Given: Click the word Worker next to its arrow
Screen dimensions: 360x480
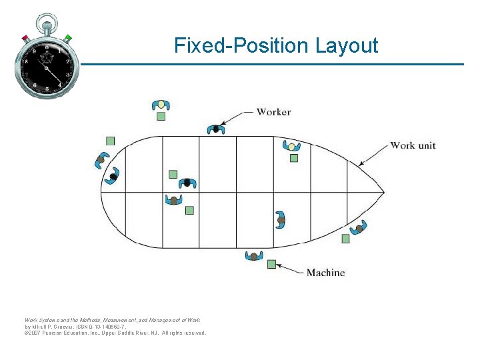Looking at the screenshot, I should click(x=273, y=112).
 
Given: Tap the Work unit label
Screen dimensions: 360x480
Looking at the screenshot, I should click(x=413, y=145).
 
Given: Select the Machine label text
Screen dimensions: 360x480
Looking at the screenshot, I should click(x=325, y=272).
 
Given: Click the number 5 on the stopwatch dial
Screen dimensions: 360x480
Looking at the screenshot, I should click(x=47, y=89).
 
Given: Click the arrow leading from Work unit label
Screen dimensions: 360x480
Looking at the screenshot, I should click(x=373, y=155).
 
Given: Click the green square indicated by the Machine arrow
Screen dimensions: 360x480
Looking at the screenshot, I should click(x=271, y=264).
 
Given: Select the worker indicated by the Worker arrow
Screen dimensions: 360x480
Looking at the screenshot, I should click(x=215, y=129).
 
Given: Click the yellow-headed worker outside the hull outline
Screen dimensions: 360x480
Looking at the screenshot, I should click(x=161, y=105).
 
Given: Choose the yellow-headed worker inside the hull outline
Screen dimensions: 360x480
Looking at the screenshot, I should click(x=291, y=146).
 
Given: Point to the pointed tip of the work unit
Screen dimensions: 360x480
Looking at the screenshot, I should click(x=384, y=193).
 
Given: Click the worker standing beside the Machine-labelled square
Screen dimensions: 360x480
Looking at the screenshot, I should click(x=253, y=256).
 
